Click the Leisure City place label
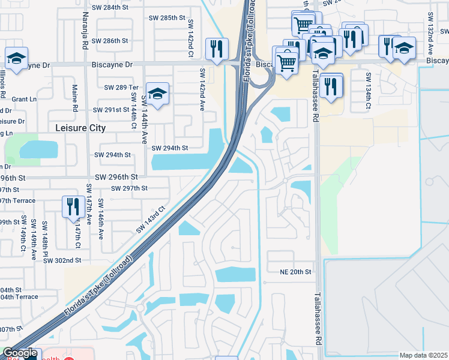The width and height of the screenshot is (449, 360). (x=80, y=128)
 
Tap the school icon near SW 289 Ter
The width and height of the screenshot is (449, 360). (x=157, y=94)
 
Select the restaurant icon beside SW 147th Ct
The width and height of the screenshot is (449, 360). (x=73, y=207)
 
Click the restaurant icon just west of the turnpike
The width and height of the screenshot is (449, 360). (x=215, y=49)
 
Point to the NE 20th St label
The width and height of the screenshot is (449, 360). (x=296, y=272)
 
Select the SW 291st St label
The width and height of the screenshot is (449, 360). (x=112, y=110)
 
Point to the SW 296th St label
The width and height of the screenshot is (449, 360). (x=116, y=177)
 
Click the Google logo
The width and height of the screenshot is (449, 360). (x=20, y=353)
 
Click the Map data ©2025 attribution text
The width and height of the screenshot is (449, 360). (x=423, y=355)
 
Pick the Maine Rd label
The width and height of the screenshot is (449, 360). (x=75, y=100)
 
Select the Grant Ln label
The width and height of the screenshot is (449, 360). (x=24, y=99)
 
